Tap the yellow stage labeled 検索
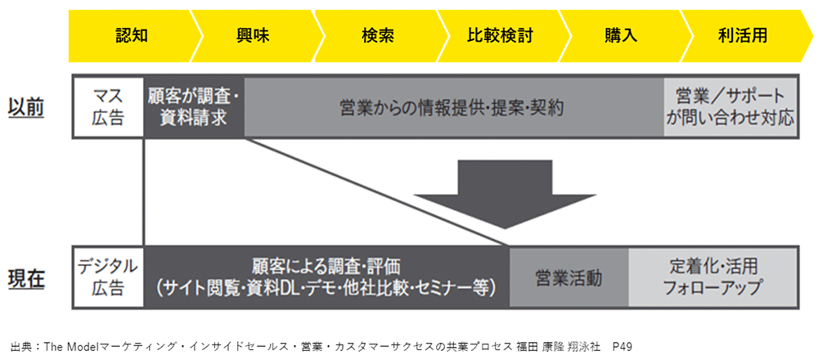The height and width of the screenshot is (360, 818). (378, 36)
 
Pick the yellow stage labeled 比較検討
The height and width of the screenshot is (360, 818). (500, 36)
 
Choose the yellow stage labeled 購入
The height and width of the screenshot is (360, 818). (622, 36)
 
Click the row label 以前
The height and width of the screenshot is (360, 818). (26, 107)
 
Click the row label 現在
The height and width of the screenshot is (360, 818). (26, 278)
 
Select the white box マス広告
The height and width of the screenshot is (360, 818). (108, 107)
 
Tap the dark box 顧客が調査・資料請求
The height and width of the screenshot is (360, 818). (194, 107)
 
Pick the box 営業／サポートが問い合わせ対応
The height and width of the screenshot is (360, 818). (730, 107)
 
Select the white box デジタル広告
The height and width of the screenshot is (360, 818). (108, 277)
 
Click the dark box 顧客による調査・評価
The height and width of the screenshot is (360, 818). (326, 277)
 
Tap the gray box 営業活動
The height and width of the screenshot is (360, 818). (569, 277)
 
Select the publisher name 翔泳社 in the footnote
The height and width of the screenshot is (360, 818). (584, 346)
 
